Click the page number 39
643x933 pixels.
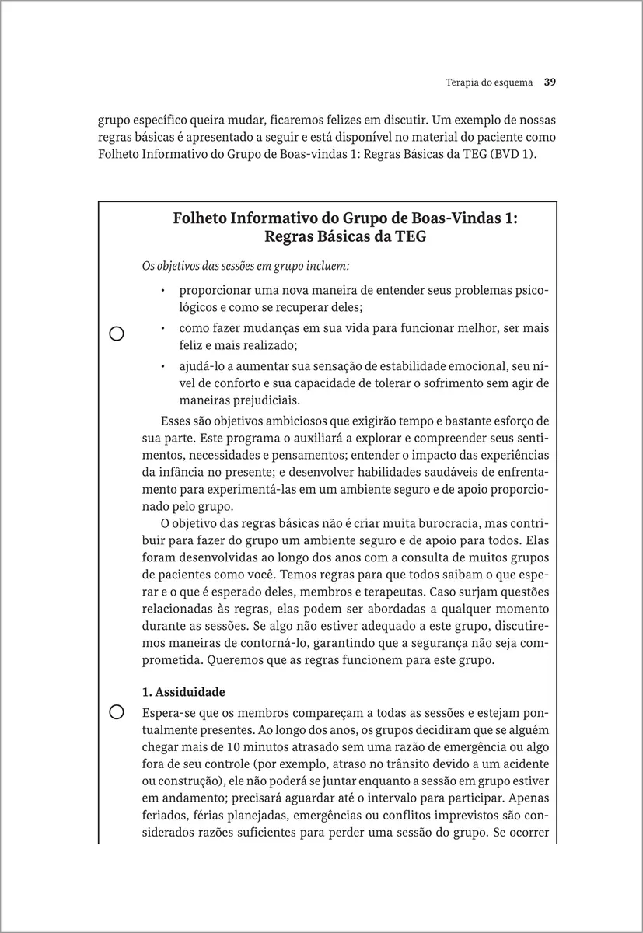550,82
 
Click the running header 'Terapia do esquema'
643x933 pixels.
479,82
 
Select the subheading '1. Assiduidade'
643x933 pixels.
183,691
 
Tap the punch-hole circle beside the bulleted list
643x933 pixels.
117,334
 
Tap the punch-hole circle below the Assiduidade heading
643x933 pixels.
117,711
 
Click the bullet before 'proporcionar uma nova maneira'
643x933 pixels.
163,292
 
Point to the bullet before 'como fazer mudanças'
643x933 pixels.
163,328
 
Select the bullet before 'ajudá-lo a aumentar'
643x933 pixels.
163,365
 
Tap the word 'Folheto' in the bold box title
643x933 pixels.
200,218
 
